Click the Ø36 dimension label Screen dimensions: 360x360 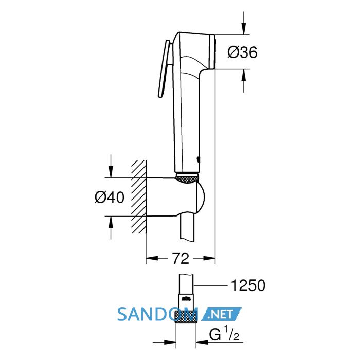[x=242, y=52]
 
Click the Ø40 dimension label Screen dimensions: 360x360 [x=110, y=197]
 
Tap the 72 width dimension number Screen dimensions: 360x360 [x=181, y=258]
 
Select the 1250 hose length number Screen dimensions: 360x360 [x=248, y=285]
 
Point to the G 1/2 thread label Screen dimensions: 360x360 [x=224, y=334]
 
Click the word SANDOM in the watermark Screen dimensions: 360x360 [x=157, y=314]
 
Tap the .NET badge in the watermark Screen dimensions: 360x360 [x=222, y=314]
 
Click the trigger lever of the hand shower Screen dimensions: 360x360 [x=164, y=69]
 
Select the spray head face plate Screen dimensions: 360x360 [x=212, y=52]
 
